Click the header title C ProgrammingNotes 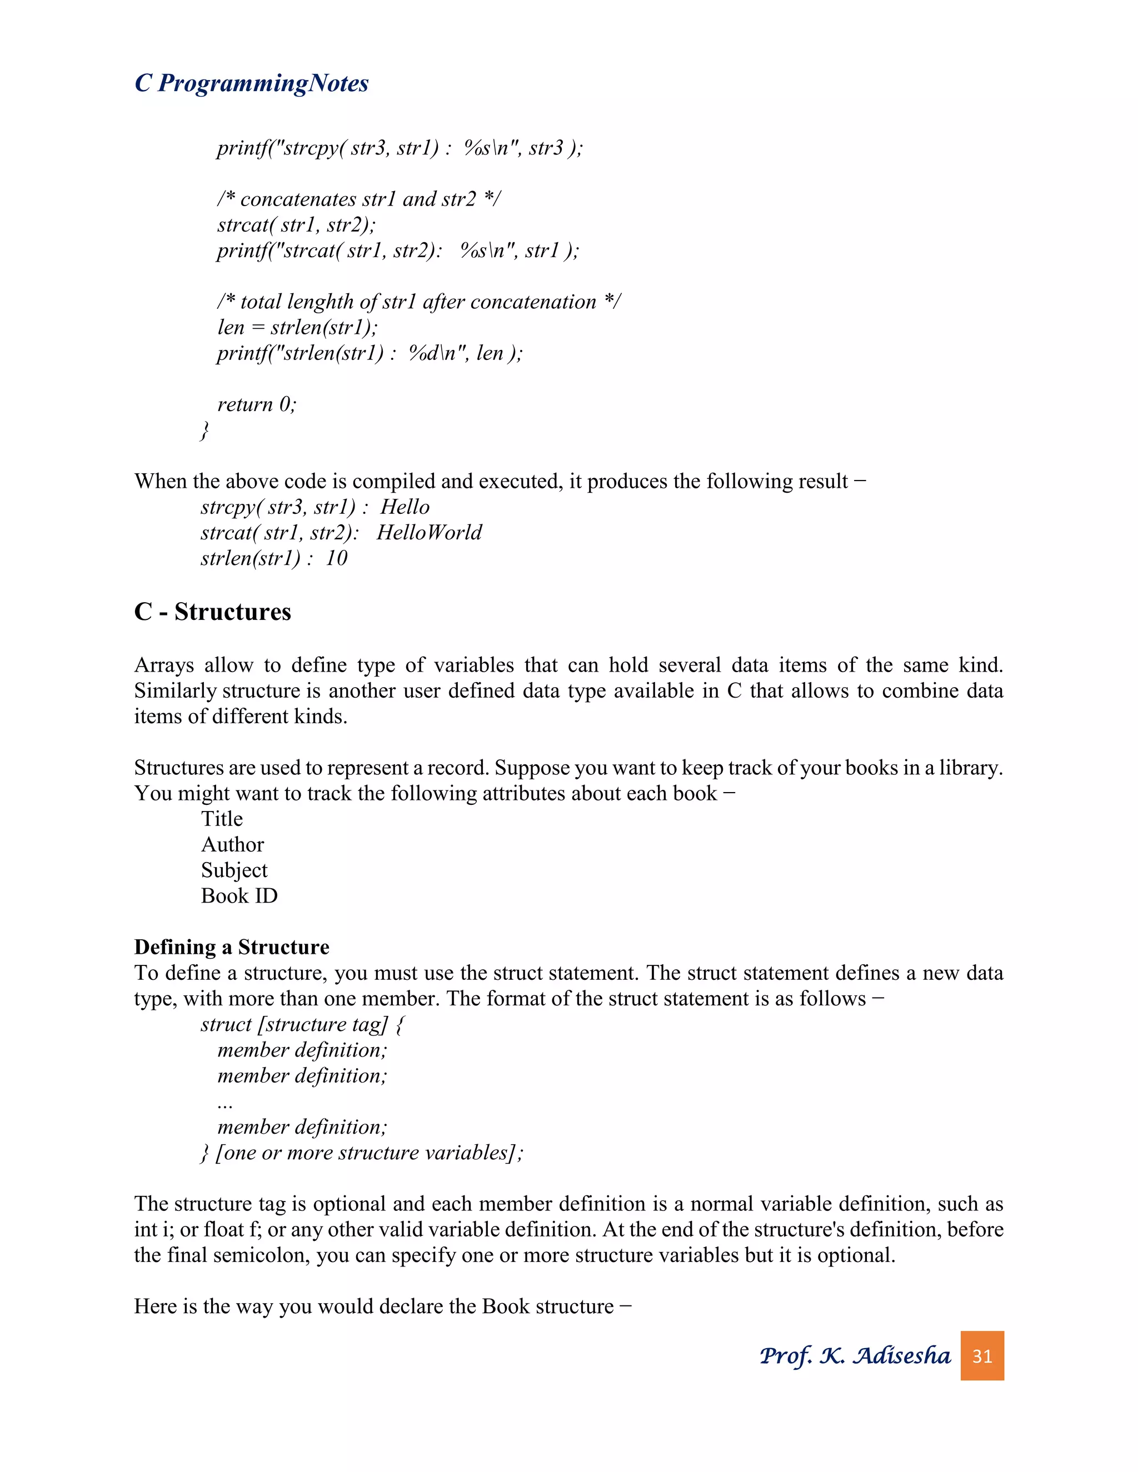(x=252, y=83)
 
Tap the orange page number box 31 (x=982, y=1355)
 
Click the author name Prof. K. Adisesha (x=855, y=1355)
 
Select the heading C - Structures (x=212, y=612)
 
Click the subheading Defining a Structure (x=231, y=947)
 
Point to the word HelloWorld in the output (x=429, y=533)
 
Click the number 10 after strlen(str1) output (x=336, y=558)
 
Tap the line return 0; (x=256, y=404)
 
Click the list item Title (x=222, y=819)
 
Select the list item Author (x=233, y=844)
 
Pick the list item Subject (x=234, y=870)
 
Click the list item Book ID (x=239, y=896)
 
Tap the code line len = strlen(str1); (x=297, y=328)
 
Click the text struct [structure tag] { (x=302, y=1024)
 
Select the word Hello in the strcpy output (x=405, y=507)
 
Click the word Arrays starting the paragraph (x=164, y=665)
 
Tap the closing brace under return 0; (x=205, y=430)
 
